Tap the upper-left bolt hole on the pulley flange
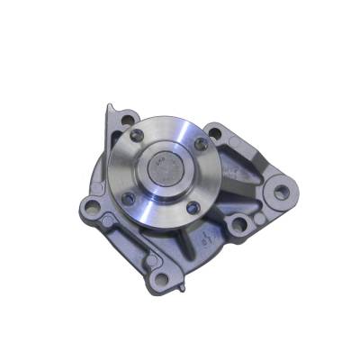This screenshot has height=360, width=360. point(137,136)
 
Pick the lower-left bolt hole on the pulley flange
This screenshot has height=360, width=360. point(129,196)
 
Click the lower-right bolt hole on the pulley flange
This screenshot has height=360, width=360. point(192,207)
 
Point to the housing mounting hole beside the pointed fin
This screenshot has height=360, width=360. point(127,119)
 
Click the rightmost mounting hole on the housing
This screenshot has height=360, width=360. point(281,192)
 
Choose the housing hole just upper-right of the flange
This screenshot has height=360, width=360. point(215,131)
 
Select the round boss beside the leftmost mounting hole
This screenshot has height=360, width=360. point(107,220)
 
